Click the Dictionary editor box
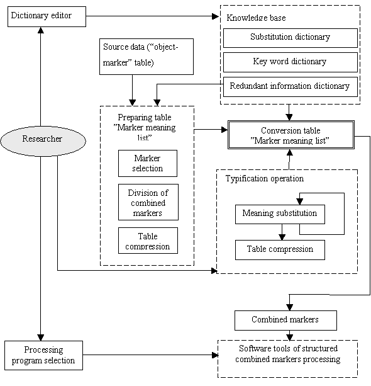click(47, 16)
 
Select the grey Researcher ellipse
click(43, 141)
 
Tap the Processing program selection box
click(44, 355)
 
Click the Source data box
click(147, 57)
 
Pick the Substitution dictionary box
click(291, 38)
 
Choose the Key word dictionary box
click(291, 62)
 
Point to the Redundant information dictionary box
click(291, 87)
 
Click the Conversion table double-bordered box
click(291, 135)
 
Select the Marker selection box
click(148, 163)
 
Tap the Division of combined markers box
click(148, 202)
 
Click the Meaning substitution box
click(280, 214)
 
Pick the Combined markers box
click(285, 321)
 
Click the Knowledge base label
click(256, 18)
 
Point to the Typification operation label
click(265, 178)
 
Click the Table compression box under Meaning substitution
click(280, 250)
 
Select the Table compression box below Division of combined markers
click(148, 241)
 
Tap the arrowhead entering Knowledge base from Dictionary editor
click(216, 16)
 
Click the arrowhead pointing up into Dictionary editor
click(41, 30)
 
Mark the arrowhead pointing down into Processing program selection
click(41, 338)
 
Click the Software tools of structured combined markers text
click(288, 354)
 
